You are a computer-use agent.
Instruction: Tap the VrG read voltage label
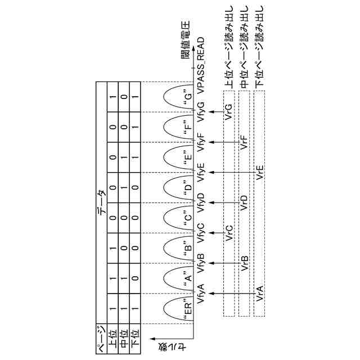pyautogui.click(x=228, y=111)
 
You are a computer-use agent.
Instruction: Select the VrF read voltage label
pyautogui.click(x=244, y=142)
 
